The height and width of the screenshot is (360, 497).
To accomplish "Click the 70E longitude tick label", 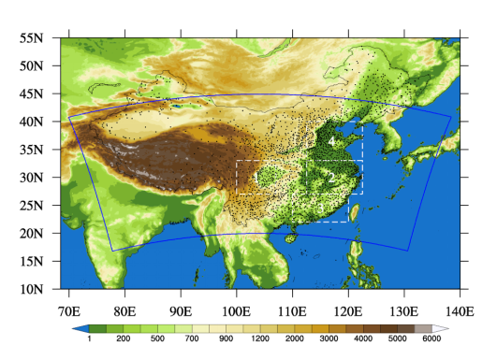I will [x=68, y=310].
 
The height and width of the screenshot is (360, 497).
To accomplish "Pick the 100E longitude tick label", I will [x=236, y=310].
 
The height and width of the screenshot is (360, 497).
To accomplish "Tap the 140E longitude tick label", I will [x=459, y=310].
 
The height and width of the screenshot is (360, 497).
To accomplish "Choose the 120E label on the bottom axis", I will [x=347, y=310].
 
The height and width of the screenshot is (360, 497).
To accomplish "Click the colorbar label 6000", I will [x=431, y=339].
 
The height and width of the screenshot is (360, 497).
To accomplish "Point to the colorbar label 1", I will [x=89, y=339].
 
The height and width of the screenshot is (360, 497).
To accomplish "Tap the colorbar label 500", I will [x=157, y=339].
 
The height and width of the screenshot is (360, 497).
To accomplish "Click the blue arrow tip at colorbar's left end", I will [x=76, y=328].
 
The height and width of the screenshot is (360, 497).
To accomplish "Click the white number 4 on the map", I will [x=332, y=141].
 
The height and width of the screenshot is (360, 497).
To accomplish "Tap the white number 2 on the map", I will [x=329, y=175].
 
